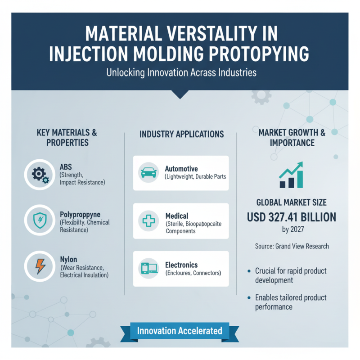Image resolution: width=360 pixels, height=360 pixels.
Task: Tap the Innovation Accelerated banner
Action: [180, 331]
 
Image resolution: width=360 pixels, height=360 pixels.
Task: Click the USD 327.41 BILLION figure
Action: [292, 217]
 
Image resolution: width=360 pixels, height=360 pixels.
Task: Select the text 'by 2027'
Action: [292, 230]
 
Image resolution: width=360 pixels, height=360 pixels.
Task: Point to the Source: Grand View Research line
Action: [292, 246]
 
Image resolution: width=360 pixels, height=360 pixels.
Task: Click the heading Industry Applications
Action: [181, 134]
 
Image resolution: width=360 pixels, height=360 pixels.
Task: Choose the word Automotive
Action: [181, 169]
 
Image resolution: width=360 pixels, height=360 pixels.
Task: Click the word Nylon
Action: [68, 259]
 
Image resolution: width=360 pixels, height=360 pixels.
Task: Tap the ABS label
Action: [66, 167]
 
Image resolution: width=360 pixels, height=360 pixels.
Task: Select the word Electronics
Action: [181, 265]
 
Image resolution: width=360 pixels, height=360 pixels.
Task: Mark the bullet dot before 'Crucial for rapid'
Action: [249, 271]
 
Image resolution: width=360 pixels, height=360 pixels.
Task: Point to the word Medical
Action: [177, 216]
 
